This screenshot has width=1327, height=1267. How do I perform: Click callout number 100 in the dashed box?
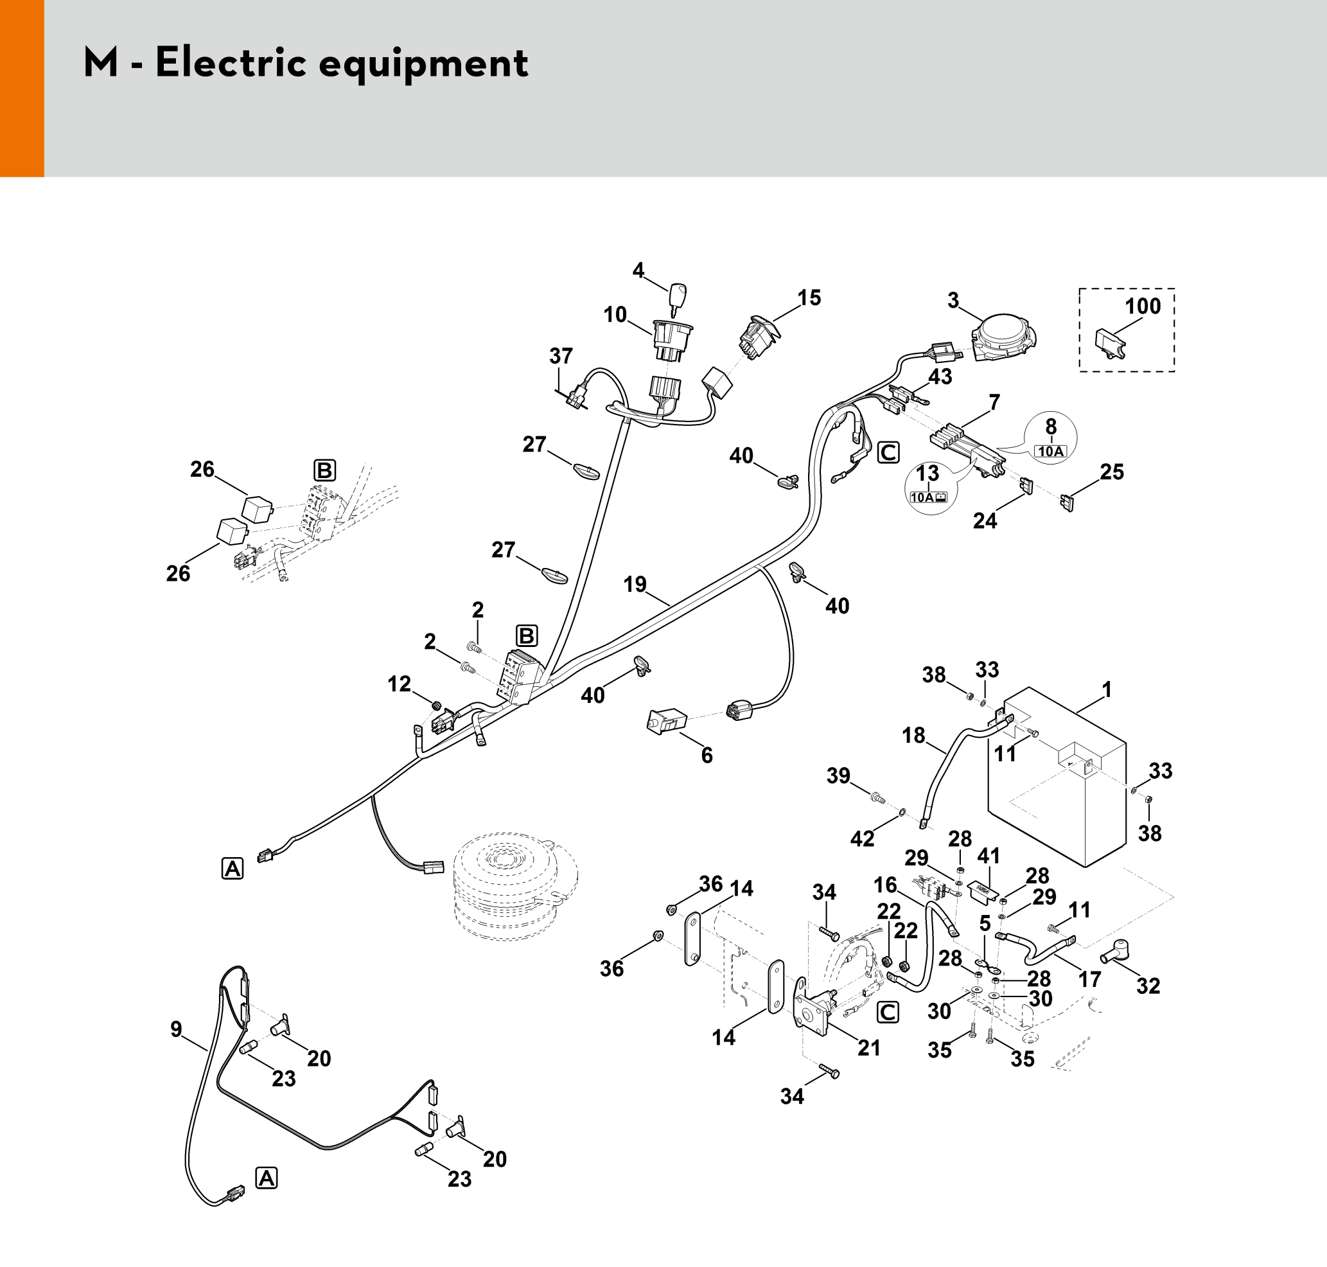tap(1143, 306)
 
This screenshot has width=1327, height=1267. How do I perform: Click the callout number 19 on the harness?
tap(635, 584)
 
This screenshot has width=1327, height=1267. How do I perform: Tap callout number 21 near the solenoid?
tap(869, 1047)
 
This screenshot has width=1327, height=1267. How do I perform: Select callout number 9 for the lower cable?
tap(176, 1029)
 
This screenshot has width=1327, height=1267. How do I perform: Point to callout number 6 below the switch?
tap(707, 755)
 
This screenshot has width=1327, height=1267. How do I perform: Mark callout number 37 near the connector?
tap(561, 356)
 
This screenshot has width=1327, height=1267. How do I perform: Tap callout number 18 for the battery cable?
tap(914, 735)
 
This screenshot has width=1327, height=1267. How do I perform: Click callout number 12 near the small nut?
tap(399, 684)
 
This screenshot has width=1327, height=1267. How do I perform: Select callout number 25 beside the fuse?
tap(1112, 472)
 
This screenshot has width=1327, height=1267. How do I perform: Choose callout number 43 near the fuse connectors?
tap(940, 377)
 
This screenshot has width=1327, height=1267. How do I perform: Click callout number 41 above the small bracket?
tap(989, 856)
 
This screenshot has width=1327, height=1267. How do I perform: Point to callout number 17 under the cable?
tap(1089, 979)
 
